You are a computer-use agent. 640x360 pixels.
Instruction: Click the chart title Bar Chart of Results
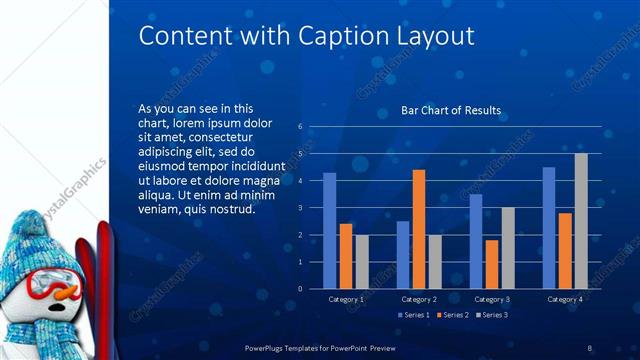coord(451,110)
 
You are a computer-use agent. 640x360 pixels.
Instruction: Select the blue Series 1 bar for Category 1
coord(329,230)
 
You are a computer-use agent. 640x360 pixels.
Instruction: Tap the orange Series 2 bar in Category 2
coord(418,229)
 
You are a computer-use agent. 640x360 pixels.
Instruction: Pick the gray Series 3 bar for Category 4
coord(581,220)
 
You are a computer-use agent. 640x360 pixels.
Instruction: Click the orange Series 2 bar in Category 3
coord(491,264)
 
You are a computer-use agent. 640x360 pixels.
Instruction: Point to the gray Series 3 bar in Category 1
coord(361,261)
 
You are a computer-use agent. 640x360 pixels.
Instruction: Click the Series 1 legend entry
coord(415,316)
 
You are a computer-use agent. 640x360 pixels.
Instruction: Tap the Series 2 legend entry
coord(452,316)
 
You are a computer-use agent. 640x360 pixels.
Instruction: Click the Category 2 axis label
coord(419,299)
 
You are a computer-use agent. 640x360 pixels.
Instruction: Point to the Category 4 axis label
coord(565,299)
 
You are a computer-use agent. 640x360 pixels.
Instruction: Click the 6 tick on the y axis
coord(300,127)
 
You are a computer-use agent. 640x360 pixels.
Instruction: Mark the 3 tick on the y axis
coord(300,208)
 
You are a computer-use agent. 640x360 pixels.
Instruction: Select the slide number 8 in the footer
coord(589,347)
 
